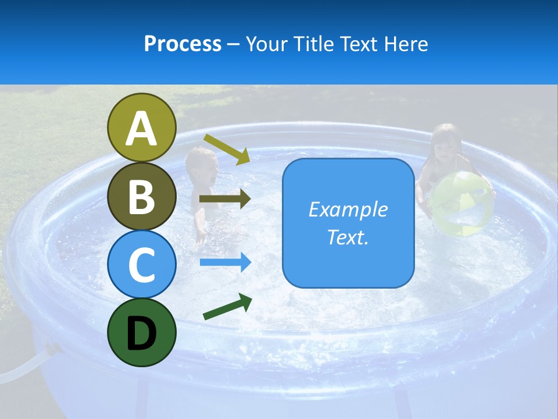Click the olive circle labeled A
click(x=142, y=128)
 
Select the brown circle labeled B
click(x=142, y=196)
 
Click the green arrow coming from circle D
click(x=227, y=307)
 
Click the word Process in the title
click(x=183, y=44)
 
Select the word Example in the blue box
click(x=348, y=210)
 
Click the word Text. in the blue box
click(x=348, y=237)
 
